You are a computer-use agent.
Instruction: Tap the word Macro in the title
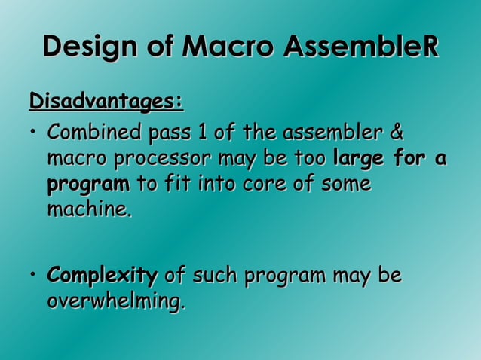point(229,47)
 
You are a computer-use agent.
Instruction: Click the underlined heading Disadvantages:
point(106,100)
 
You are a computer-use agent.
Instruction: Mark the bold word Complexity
point(103,276)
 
